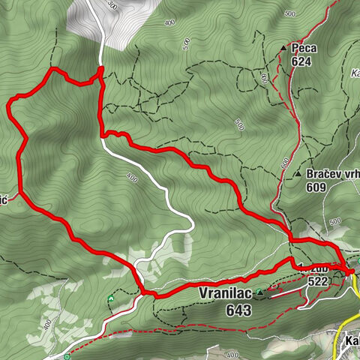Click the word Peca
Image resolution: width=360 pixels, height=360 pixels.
[305, 48]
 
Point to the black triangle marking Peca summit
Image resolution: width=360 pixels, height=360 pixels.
[283, 49]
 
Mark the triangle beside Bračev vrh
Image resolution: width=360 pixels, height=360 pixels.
[298, 174]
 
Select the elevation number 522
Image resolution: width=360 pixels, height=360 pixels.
[318, 280]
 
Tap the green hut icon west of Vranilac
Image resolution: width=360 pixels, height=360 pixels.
[111, 299]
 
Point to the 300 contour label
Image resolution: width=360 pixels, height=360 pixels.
[113, 4]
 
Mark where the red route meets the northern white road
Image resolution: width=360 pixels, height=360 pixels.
[100, 71]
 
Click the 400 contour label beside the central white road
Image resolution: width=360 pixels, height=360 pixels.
[132, 178]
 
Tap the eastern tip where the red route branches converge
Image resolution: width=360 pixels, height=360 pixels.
[352, 270]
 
